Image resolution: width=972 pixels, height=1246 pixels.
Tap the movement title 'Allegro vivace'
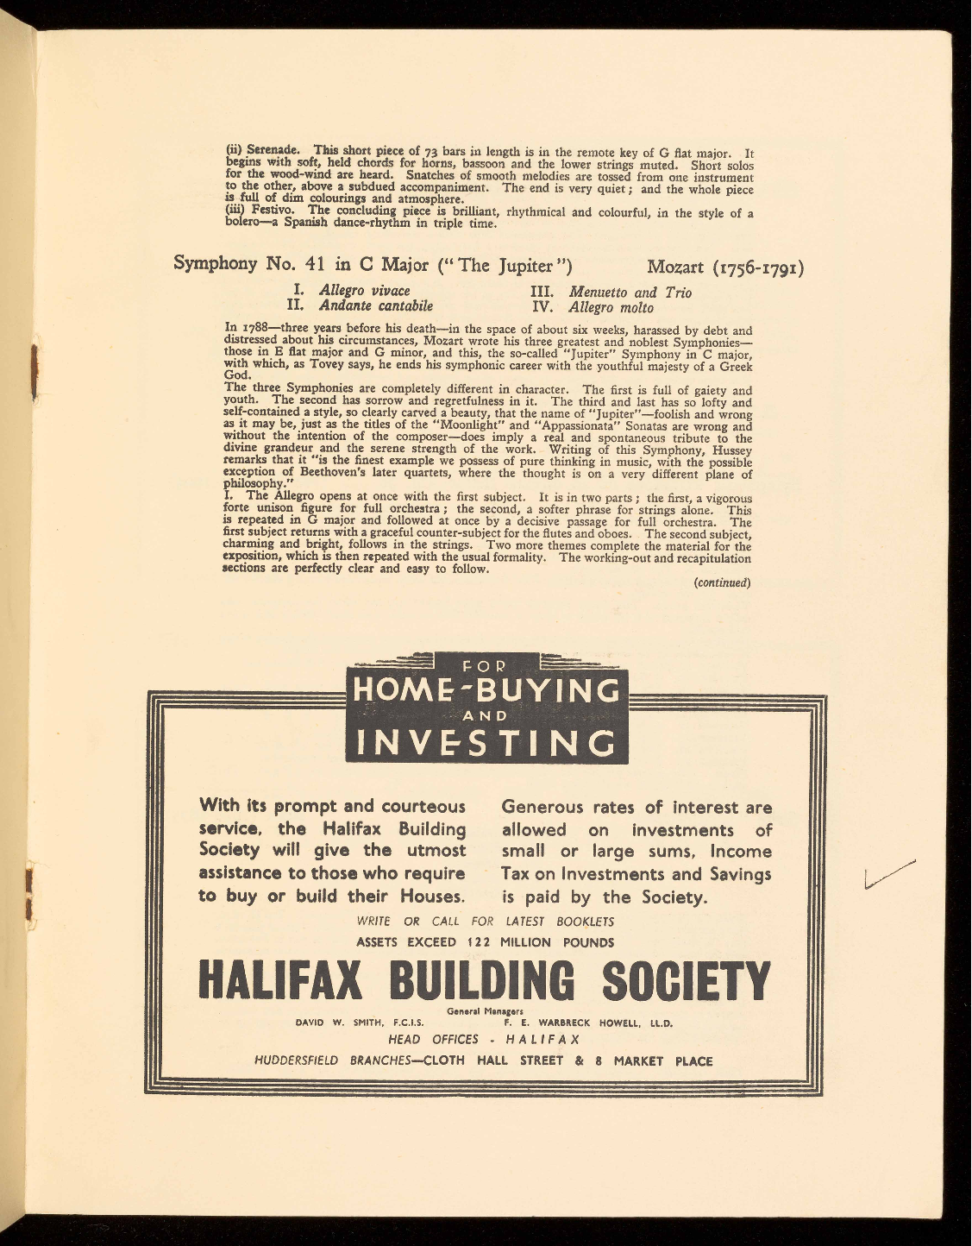(364, 291)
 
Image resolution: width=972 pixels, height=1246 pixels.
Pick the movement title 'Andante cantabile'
(376, 306)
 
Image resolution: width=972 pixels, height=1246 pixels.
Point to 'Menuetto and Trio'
(630, 293)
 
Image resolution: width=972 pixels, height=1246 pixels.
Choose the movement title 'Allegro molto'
(611, 308)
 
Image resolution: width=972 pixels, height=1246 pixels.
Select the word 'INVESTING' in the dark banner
(486, 742)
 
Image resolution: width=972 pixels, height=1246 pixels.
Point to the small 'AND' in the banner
(486, 715)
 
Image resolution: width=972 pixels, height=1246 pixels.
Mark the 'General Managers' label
(486, 1011)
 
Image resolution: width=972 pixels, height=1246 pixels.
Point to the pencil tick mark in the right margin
(888, 875)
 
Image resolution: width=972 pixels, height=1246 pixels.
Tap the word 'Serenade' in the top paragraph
(272, 150)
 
